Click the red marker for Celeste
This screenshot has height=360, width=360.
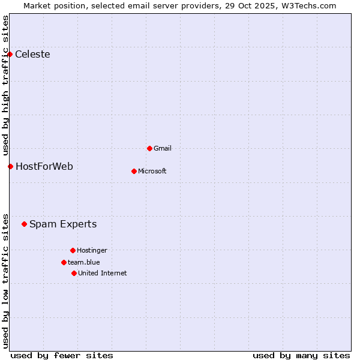pos(10,55)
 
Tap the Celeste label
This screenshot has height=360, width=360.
pos(32,55)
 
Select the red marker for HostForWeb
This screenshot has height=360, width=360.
pos(10,166)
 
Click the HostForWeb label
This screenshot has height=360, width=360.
pos(44,166)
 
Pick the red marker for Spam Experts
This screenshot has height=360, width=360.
pos(24,224)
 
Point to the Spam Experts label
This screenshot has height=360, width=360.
pos(63,224)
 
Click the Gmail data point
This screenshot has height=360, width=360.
pos(149,148)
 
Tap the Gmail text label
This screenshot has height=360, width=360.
pos(163,148)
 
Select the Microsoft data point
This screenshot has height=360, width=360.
pos(134,171)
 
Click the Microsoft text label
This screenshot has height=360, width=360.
pos(152,171)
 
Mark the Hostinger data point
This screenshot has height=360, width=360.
pos(73,250)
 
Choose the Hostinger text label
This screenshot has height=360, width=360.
pos(92,250)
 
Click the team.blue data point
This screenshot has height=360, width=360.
pos(64,262)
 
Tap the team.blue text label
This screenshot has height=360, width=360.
pos(84,262)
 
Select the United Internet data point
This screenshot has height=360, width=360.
pos(74,273)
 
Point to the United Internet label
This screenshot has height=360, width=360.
pos(103,273)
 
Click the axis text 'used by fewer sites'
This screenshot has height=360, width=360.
pos(62,355)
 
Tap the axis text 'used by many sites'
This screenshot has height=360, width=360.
pos(301,355)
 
